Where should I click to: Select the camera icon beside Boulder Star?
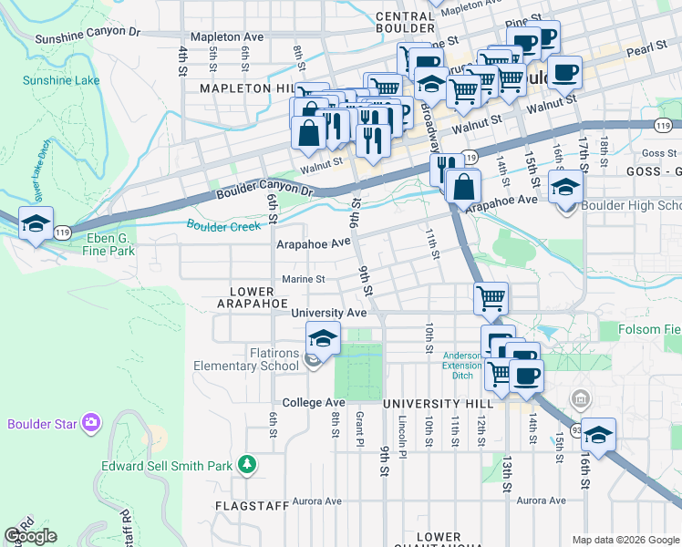click(90, 422)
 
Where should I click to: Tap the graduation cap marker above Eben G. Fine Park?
click(36, 224)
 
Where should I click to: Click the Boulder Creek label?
click(222, 224)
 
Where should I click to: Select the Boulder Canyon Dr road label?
click(264, 192)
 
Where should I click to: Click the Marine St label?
click(303, 279)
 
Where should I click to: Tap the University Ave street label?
click(328, 313)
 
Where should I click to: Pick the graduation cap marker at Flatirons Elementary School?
click(322, 339)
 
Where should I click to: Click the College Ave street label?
click(314, 402)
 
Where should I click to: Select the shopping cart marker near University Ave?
click(491, 297)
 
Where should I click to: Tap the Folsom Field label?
click(649, 329)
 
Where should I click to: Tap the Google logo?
click(30, 536)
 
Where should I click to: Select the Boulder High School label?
click(630, 206)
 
